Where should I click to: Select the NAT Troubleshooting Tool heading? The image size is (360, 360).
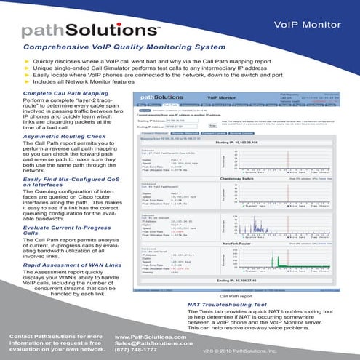(230, 305)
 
